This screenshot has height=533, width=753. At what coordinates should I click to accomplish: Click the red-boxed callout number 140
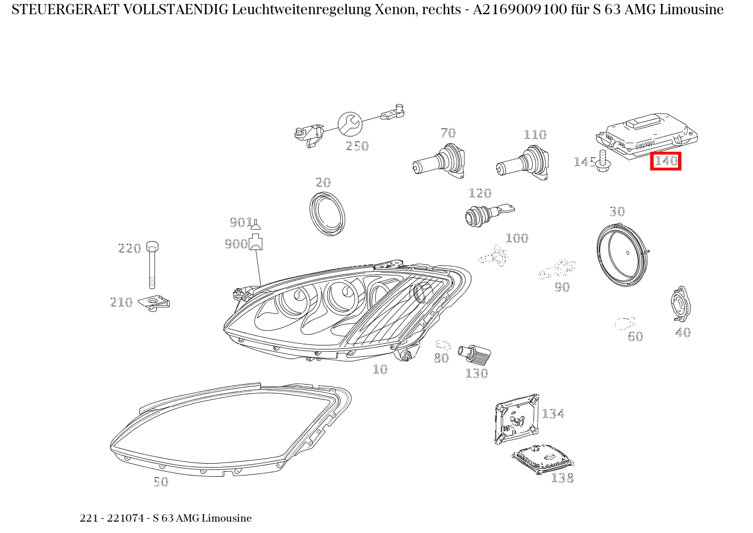[666, 161]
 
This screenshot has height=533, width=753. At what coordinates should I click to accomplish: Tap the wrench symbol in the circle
[350, 123]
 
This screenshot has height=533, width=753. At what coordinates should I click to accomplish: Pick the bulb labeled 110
[523, 163]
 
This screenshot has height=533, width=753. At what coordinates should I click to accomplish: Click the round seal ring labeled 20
[328, 214]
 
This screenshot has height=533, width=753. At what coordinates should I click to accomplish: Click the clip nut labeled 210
[156, 303]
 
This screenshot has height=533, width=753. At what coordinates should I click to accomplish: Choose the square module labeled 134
[516, 419]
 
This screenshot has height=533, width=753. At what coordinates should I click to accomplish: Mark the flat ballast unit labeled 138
[542, 458]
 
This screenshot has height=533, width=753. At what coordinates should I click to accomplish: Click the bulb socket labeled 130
[475, 353]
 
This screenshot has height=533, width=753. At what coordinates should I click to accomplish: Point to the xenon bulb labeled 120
[483, 215]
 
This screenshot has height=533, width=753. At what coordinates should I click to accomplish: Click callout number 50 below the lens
[161, 482]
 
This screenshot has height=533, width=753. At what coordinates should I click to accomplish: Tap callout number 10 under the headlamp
[380, 370]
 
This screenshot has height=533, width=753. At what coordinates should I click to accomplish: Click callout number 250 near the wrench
[357, 147]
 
